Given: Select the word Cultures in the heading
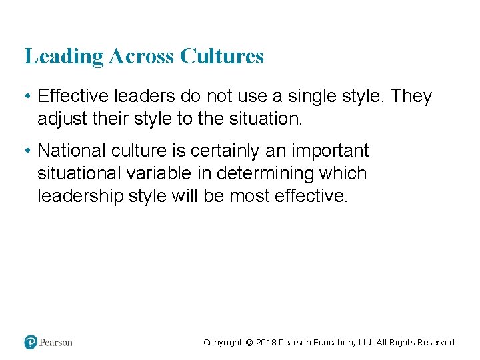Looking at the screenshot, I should (222, 57).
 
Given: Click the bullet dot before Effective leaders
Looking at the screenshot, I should (27, 97).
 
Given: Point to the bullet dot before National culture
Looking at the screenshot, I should (27, 151).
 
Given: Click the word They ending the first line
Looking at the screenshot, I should (411, 97).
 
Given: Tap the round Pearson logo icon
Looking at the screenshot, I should (30, 342).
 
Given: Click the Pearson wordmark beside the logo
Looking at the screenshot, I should (56, 343).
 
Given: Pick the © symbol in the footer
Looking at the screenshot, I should (249, 343).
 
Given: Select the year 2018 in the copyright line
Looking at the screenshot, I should (267, 343).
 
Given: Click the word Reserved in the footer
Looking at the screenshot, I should (435, 343).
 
